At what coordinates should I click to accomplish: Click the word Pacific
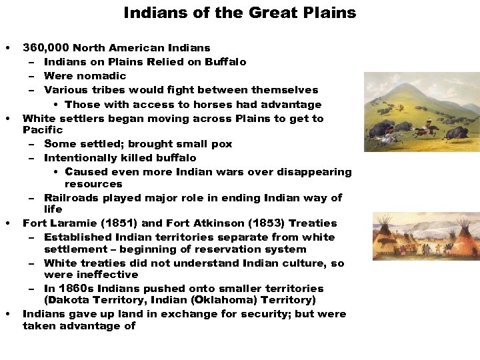point(43,130)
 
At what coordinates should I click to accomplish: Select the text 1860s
point(75,289)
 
